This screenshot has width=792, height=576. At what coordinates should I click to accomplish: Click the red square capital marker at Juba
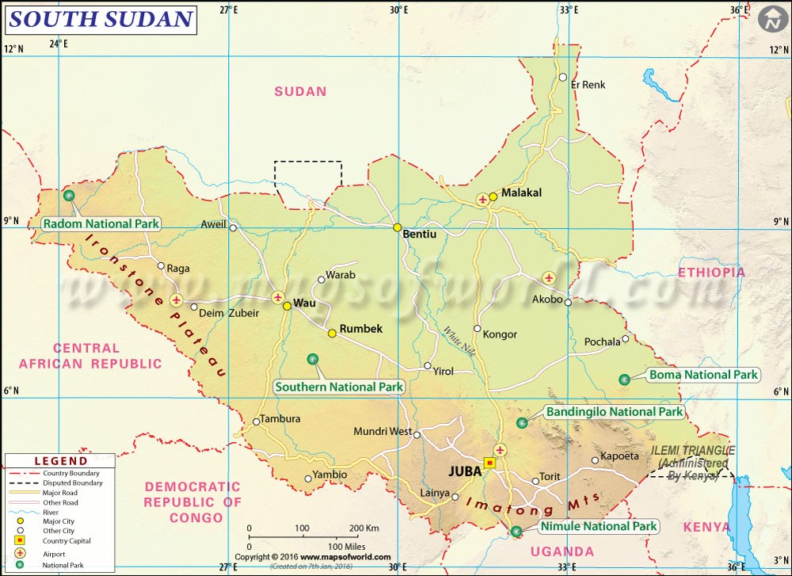point(489,463)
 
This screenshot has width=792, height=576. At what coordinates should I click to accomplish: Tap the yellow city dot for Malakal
point(493,196)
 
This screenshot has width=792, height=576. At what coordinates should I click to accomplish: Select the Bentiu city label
point(420,235)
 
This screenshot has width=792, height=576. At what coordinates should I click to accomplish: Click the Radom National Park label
point(101,224)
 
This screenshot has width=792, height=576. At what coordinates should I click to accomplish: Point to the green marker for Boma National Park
point(624,380)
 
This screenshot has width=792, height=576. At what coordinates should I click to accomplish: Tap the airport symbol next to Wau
point(278,298)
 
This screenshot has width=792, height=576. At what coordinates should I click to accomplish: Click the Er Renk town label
point(588,84)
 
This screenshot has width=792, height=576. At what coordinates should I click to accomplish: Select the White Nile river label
point(459,341)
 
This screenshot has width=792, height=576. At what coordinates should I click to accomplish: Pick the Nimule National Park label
point(599,526)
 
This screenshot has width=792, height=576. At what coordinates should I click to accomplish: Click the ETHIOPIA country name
point(711,273)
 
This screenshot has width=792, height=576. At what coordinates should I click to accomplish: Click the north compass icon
point(771,20)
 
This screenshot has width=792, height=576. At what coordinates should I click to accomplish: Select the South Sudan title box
point(101,19)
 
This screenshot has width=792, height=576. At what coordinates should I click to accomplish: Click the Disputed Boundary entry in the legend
point(73,483)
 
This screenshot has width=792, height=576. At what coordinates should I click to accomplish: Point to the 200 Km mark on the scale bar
point(355,528)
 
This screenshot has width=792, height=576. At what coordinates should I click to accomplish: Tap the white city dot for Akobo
point(568,302)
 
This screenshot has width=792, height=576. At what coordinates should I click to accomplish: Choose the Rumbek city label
point(361,329)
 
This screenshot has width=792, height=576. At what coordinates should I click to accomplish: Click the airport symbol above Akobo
point(549,278)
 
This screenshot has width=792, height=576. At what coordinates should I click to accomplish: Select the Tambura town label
point(281,419)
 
